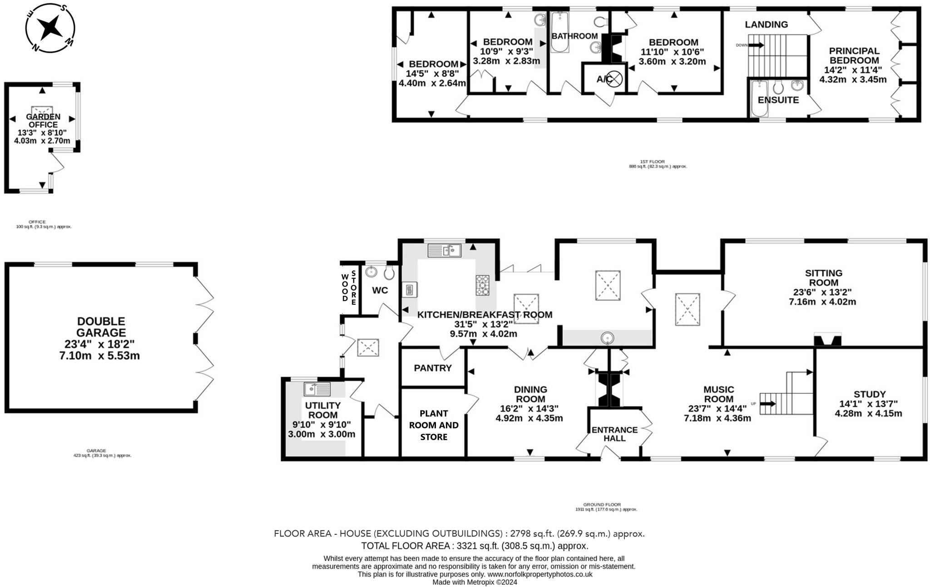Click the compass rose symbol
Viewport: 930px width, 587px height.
click(x=49, y=28)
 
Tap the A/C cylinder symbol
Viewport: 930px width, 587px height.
click(x=613, y=79)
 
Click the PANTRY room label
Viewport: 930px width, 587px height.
click(x=432, y=368)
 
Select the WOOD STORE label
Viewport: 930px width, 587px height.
click(x=349, y=287)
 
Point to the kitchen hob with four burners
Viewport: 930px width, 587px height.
click(x=482, y=285)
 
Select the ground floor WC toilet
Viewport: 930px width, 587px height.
click(x=389, y=272)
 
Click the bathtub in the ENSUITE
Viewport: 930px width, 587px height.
click(x=758, y=98)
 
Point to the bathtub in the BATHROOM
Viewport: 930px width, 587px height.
click(x=559, y=32)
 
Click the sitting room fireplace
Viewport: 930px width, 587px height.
click(x=827, y=340)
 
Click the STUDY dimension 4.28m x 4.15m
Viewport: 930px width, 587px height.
click(x=868, y=414)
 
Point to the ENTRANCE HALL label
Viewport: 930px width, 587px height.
click(x=614, y=434)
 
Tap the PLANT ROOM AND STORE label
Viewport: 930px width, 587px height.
click(x=434, y=425)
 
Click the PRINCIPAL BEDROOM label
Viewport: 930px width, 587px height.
click(x=854, y=55)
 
